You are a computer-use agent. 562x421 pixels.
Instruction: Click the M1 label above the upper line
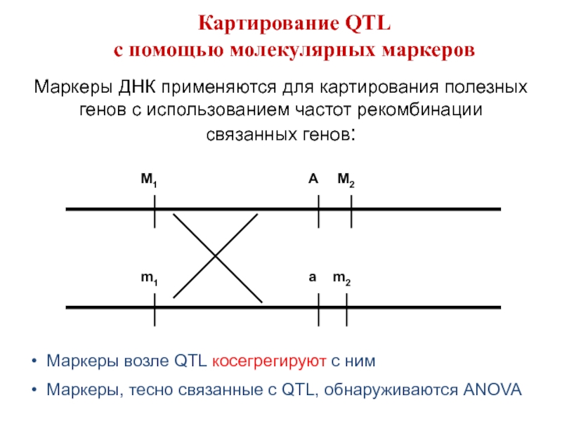click(148, 181)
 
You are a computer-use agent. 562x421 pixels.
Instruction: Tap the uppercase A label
click(313, 180)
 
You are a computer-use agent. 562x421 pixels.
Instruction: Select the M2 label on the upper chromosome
click(346, 181)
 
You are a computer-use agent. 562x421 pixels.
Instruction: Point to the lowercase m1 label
click(148, 279)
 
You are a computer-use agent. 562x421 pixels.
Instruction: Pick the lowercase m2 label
click(341, 279)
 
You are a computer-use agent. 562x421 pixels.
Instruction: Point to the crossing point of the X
click(216, 257)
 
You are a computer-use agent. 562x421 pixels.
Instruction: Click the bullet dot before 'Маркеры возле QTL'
click(34, 362)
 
